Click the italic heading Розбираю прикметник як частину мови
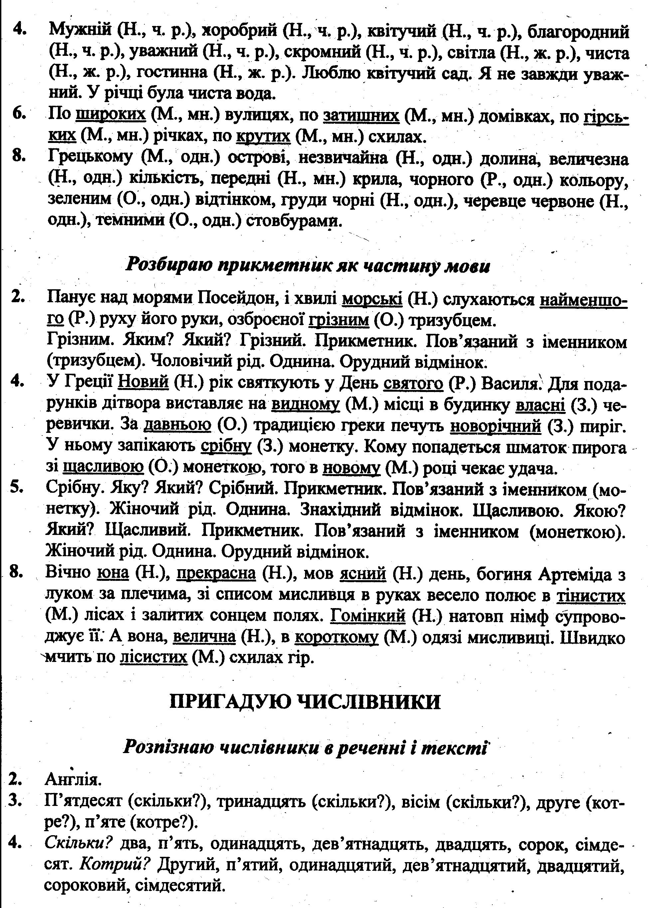click(307, 265)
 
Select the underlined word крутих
click(263, 136)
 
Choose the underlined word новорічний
click(496, 426)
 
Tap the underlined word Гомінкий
click(368, 616)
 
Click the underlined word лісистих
click(154, 658)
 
